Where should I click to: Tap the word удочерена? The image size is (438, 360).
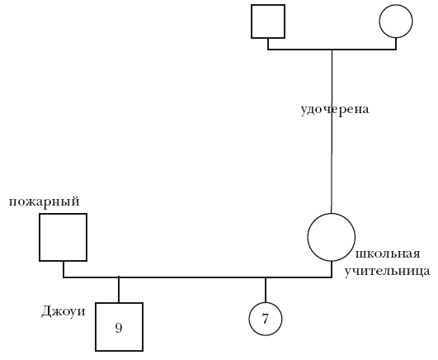[x=335, y=109]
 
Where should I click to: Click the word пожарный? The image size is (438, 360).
[x=45, y=201]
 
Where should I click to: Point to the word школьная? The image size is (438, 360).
[x=388, y=253]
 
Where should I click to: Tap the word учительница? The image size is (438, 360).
[x=387, y=271]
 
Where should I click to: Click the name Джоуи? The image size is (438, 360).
[x=64, y=311]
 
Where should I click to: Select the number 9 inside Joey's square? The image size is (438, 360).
[x=119, y=328]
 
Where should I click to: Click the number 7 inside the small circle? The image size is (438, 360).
[x=265, y=319]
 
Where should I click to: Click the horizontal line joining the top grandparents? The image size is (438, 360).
[x=332, y=50]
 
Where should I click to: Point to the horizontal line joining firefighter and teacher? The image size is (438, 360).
[x=197, y=277]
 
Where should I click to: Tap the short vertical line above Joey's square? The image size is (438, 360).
[x=119, y=290]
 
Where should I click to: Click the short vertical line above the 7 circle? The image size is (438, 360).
[x=266, y=290]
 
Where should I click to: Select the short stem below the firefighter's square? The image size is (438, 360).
[x=64, y=269]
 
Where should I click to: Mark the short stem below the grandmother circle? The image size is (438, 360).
[x=396, y=44]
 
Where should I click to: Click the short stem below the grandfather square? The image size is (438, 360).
[x=268, y=44]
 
